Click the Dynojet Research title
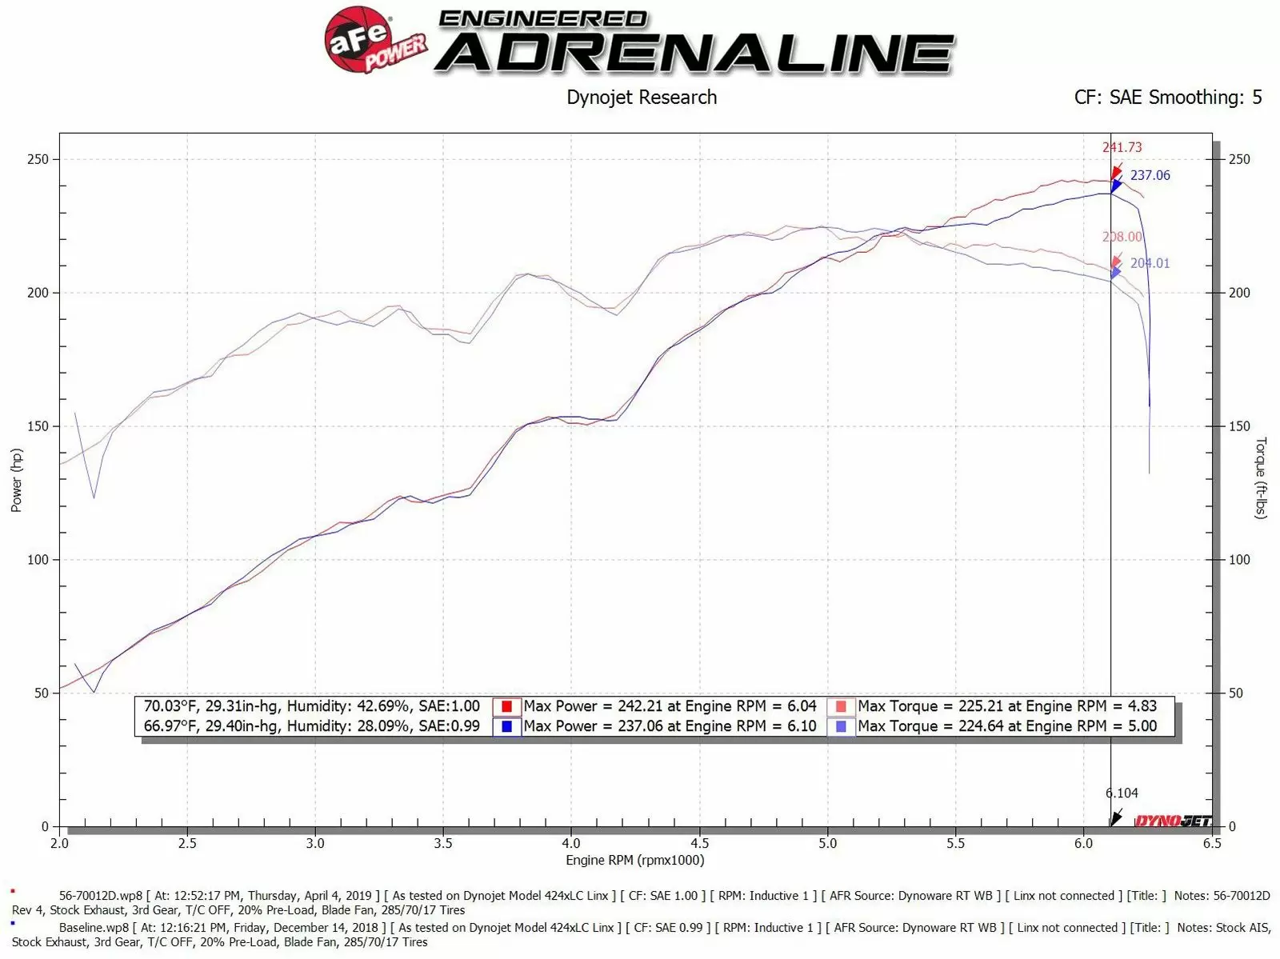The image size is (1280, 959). [642, 98]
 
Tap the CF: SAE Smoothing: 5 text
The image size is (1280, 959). [1167, 98]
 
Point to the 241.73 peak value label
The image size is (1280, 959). [1122, 147]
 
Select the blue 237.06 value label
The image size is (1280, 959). [1150, 175]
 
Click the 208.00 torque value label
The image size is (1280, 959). [1122, 237]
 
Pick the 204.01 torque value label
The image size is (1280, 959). [1150, 263]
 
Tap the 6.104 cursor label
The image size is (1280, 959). [1122, 793]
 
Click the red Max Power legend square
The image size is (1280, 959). [506, 706]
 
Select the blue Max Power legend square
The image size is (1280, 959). [506, 726]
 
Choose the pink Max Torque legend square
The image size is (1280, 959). [841, 706]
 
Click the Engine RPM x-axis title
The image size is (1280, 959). [634, 861]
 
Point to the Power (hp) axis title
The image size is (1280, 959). [17, 480]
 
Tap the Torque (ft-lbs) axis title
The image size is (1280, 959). [1261, 478]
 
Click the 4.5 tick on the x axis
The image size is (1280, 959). [699, 843]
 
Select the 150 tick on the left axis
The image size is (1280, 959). [38, 426]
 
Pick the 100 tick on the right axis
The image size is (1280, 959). [1238, 560]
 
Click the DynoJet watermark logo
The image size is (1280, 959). [1173, 821]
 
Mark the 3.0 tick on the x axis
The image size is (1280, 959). [315, 843]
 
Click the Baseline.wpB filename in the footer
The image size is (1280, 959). [94, 928]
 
